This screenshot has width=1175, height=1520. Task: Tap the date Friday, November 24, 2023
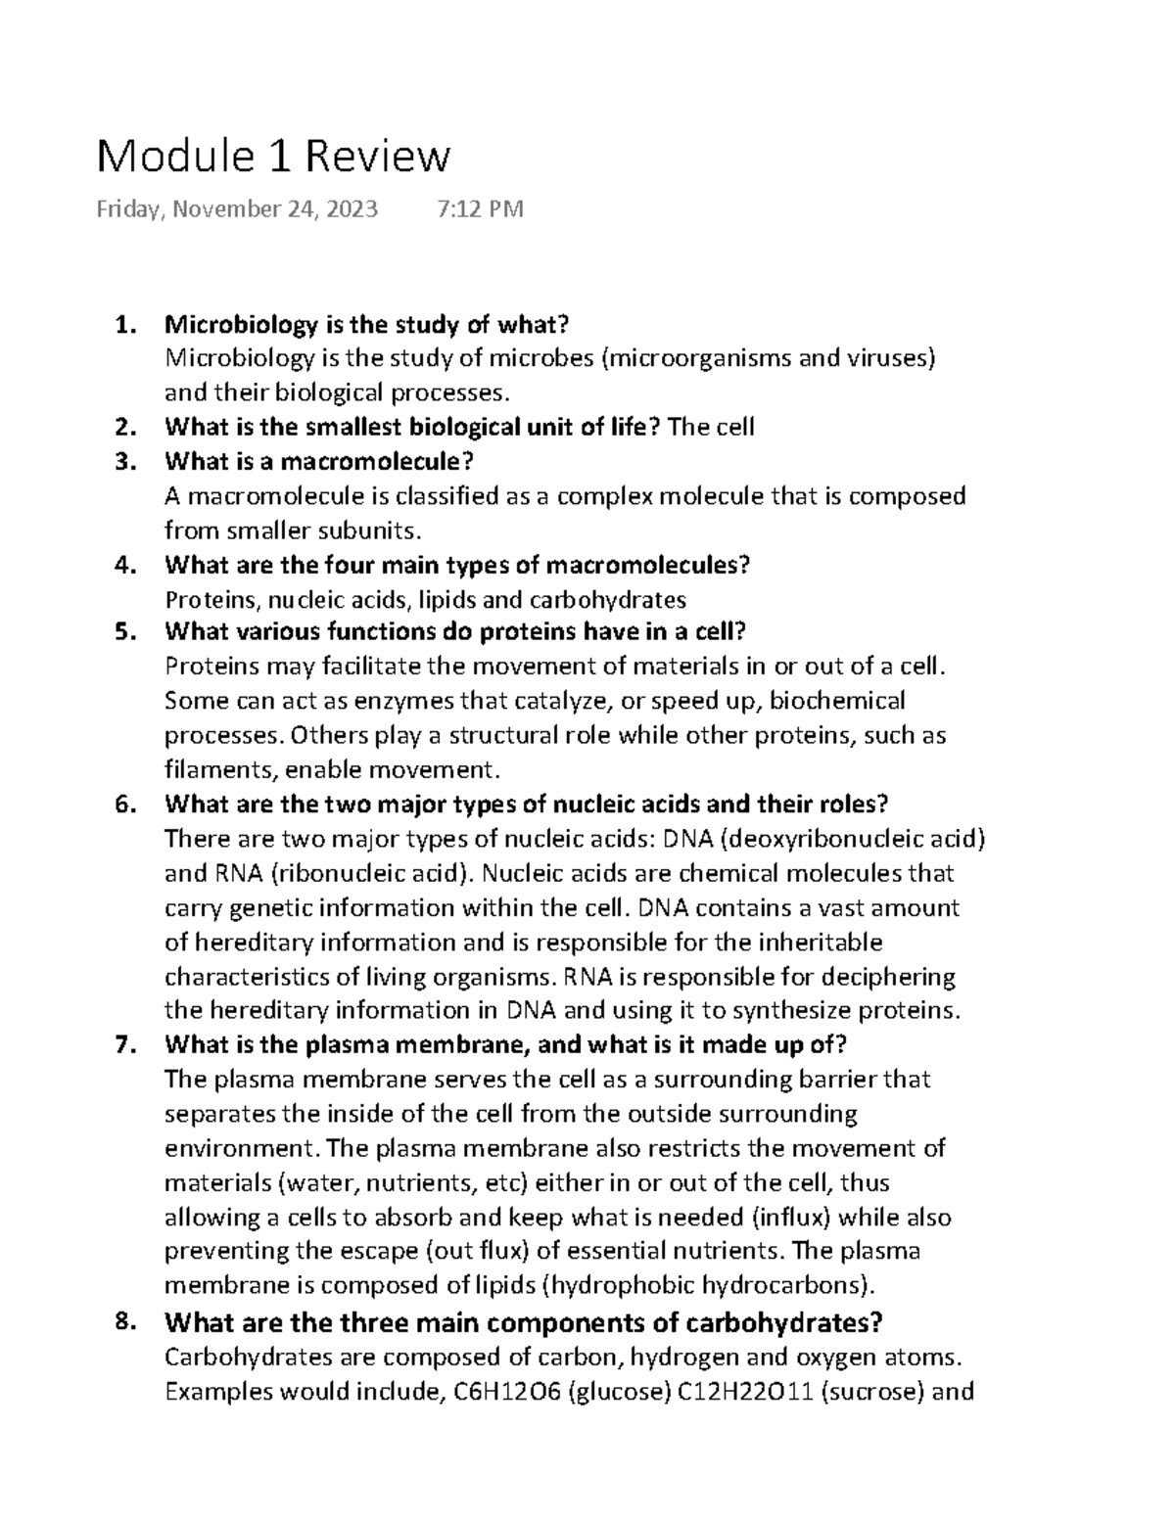pyautogui.click(x=236, y=208)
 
